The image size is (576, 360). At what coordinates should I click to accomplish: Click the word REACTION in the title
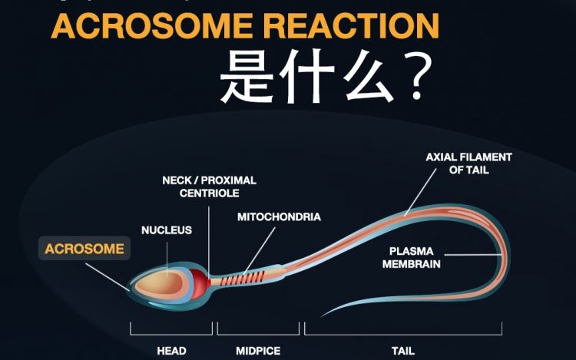point(352,25)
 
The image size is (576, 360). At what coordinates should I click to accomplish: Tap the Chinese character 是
point(247,76)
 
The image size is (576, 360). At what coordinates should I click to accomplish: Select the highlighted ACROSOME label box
point(84,249)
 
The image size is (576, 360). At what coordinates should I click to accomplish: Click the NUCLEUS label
point(167,230)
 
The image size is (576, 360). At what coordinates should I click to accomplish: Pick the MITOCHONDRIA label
point(280,217)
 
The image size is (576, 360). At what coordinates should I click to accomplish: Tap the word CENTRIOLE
point(210,193)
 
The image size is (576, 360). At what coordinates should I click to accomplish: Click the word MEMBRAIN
point(412,264)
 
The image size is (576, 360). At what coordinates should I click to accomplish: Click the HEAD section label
point(171,351)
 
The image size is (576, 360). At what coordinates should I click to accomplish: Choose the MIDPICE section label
point(258,351)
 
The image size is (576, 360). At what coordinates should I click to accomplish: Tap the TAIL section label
point(403,351)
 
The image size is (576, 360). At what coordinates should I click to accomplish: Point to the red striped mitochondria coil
point(242,279)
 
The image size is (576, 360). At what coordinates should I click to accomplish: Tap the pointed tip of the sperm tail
point(322,315)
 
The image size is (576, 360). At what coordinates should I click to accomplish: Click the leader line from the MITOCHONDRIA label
point(259,251)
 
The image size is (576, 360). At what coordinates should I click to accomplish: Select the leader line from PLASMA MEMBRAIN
point(473,254)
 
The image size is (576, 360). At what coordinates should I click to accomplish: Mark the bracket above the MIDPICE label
point(258,334)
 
